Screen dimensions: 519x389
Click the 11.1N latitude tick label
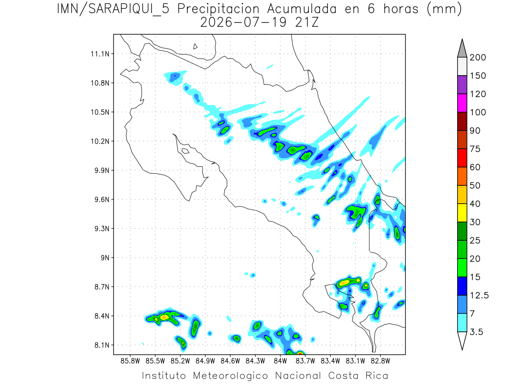100,54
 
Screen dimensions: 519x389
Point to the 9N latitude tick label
105,258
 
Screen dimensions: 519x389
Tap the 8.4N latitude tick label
102,316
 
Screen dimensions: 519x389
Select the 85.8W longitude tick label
130,361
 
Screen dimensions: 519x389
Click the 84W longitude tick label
280,361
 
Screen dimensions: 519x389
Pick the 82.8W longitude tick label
380,361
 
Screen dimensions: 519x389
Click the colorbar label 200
477,57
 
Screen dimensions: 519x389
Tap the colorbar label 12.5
479,296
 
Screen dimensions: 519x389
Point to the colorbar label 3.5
476,332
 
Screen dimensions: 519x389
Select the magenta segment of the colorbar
462,103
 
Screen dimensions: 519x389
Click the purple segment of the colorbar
462,85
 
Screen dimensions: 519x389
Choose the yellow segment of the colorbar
462,213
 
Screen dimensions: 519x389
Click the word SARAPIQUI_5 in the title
129,10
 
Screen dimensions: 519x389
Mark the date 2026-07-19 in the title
243,22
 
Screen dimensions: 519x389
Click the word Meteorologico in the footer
230,376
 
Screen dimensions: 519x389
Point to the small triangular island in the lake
195,47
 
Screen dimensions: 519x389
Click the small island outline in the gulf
186,151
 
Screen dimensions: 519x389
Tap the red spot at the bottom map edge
300,353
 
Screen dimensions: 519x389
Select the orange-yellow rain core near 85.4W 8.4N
164,317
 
